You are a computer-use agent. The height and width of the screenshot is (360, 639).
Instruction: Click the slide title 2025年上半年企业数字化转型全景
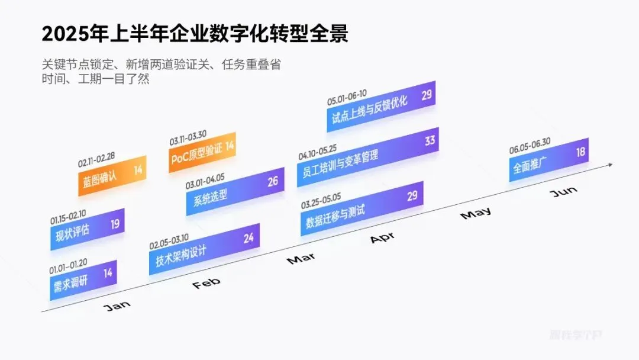click(x=195, y=34)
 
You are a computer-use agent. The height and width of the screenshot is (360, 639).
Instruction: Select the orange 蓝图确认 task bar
click(x=112, y=175)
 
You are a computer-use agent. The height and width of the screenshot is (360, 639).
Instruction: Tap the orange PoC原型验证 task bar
click(x=202, y=153)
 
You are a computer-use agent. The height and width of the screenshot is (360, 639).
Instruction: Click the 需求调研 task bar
click(x=83, y=280)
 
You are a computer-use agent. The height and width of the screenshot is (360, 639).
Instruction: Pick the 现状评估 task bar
click(x=87, y=228)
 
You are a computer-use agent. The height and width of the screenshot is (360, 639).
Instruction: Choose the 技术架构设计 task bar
click(x=204, y=249)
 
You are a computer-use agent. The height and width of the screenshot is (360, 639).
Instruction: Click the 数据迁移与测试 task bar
click(x=362, y=208)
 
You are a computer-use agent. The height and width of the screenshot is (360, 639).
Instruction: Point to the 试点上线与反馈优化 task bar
click(x=380, y=106)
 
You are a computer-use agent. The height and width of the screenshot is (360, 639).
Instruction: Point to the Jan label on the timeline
click(x=117, y=306)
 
